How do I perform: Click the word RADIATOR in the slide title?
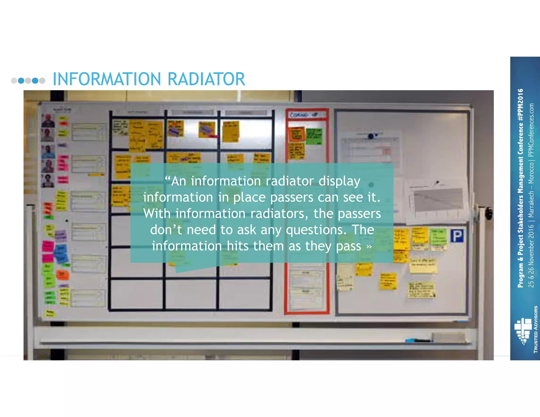click(x=206, y=79)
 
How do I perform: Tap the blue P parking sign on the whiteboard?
click(x=457, y=236)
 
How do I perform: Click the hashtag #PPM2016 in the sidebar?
click(x=520, y=105)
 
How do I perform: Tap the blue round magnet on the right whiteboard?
click(x=371, y=136)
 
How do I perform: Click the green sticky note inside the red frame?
click(x=314, y=136)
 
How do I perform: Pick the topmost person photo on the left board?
click(x=48, y=120)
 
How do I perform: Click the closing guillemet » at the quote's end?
click(x=369, y=246)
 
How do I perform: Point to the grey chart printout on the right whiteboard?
click(x=438, y=199)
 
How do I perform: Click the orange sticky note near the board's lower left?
click(x=62, y=275)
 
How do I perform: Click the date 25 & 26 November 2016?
click(x=531, y=256)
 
